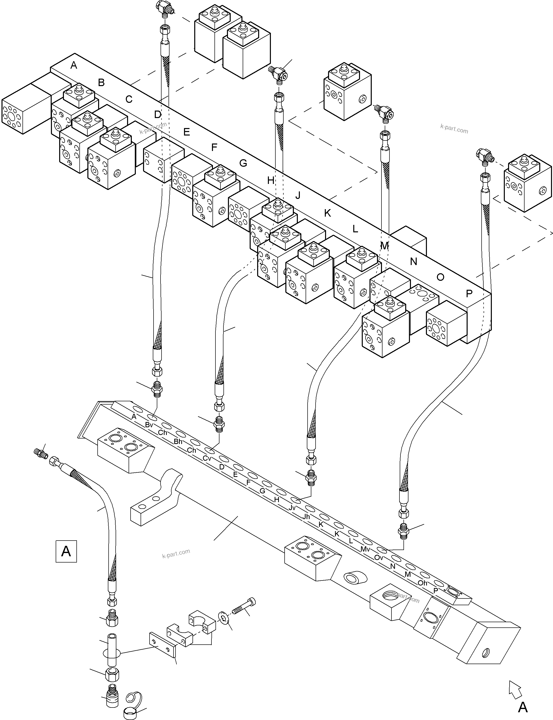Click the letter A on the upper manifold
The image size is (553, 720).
coord(74,65)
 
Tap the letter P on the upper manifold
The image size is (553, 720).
coord(469,293)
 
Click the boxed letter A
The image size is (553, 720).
coord(66,551)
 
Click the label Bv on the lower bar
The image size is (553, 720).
coord(149,425)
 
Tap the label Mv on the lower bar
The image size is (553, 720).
coord(365,549)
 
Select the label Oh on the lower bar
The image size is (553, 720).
coord(422,583)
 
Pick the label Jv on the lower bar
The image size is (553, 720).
coord(292,508)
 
